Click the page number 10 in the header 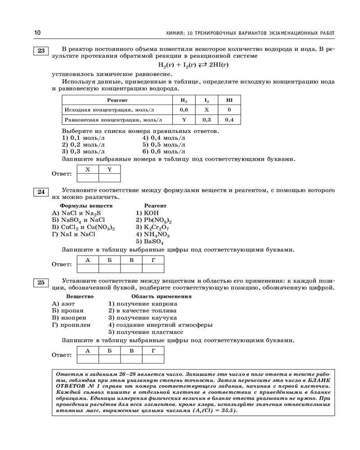click(37, 32)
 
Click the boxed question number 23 click(41, 51)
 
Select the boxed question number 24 click(41, 192)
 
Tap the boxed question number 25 click(41, 283)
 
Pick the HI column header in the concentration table click(229, 99)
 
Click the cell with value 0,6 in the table click(184, 109)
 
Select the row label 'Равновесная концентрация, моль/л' click(113, 120)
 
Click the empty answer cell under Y click(109, 177)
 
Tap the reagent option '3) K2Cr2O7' click(153, 227)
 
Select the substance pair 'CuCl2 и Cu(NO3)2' click(84, 227)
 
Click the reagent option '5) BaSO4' click(148, 242)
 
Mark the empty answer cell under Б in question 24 click(109, 268)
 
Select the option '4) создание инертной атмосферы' click(161, 324)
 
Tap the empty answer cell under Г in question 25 click(153, 359)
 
